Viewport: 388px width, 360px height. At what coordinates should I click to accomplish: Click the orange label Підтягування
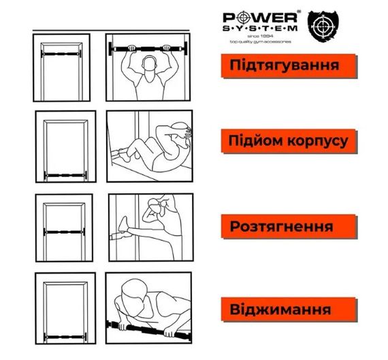(288, 67)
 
